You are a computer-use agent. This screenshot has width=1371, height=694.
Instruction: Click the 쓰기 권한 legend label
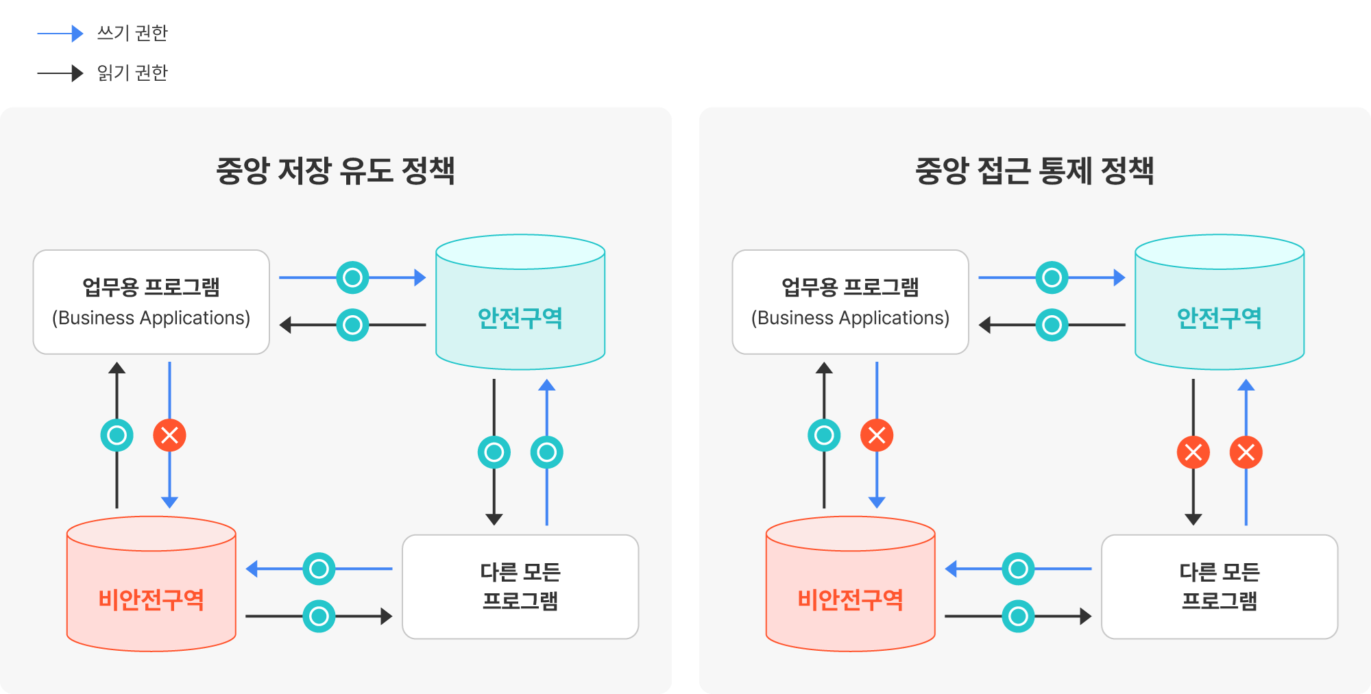132,33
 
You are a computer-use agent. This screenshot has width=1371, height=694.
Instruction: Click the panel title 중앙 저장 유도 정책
335,171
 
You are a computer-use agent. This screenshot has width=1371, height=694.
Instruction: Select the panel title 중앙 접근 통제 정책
1034,171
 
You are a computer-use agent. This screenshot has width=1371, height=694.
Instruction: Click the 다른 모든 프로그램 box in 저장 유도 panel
520,586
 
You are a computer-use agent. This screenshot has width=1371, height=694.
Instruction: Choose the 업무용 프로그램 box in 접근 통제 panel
850,302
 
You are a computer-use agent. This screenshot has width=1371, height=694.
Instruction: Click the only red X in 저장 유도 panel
169,435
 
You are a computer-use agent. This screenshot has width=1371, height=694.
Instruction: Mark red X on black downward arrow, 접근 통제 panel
1193,452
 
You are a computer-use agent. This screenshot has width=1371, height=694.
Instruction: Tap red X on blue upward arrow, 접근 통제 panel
1246,452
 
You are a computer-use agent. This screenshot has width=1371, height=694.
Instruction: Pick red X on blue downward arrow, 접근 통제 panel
877,435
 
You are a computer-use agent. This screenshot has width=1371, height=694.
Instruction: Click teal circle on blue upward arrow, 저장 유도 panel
547,452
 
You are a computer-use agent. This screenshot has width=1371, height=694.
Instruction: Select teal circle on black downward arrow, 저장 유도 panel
494,452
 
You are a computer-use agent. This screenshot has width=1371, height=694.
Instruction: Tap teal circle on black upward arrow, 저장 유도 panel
117,435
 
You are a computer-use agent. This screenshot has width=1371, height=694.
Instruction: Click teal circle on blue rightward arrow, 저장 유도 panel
353,277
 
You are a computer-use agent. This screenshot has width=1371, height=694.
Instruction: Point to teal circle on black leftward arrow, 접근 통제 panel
1052,325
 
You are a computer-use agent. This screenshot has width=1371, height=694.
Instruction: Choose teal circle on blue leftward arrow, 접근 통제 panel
1019,569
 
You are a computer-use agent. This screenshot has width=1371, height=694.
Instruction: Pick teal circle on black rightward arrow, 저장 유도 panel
319,616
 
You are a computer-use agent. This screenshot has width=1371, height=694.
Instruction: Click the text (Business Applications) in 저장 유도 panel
151,318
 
